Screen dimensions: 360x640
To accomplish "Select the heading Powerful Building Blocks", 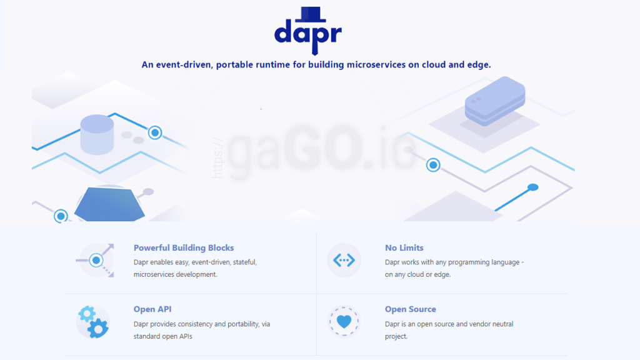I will tap(184, 248).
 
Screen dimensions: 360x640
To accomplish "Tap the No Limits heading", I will tap(404, 248).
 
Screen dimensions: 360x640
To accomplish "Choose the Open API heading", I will tap(152, 309).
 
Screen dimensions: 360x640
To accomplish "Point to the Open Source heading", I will tap(411, 309).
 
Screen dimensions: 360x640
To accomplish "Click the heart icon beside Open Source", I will tap(344, 322).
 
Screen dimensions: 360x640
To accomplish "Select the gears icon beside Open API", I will tap(92, 322).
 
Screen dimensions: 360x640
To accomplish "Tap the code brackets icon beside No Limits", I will tap(344, 260).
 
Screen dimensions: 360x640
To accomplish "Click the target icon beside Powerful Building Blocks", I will tap(96, 259).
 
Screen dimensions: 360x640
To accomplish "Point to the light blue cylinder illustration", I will tap(97, 134).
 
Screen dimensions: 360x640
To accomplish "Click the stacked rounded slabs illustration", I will tap(494, 100).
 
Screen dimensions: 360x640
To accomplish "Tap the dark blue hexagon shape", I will tap(109, 203).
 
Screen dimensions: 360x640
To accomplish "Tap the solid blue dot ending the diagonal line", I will tap(532, 187).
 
